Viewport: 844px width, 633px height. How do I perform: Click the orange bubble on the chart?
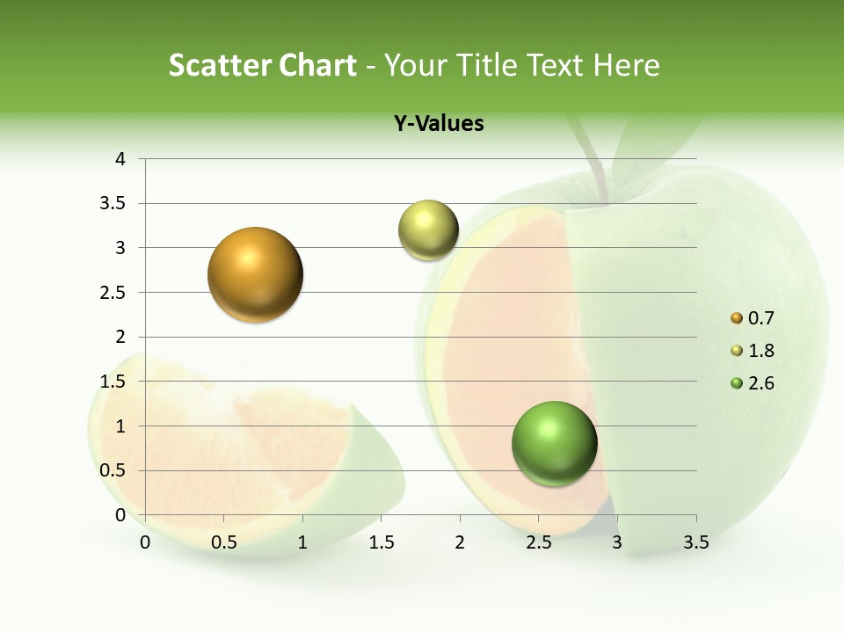coord(255,274)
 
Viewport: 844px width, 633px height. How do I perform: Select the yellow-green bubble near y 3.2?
coord(428,230)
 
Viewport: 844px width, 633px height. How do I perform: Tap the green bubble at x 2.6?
coord(554,443)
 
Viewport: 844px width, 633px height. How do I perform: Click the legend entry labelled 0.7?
coord(752,318)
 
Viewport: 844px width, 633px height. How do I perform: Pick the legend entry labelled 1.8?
coord(752,351)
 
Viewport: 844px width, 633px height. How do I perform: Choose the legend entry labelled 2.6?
coord(752,383)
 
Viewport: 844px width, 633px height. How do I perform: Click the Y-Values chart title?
coord(439,124)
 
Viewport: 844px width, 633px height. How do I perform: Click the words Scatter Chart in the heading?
coord(262,65)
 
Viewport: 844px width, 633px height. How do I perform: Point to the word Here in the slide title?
coord(625,65)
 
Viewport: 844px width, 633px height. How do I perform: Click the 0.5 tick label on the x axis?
coord(224,542)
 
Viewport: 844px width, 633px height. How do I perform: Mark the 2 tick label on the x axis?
coord(460,542)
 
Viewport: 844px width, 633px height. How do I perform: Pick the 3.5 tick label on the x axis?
coord(695,542)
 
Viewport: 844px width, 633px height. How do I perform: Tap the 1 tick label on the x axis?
coord(302,542)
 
